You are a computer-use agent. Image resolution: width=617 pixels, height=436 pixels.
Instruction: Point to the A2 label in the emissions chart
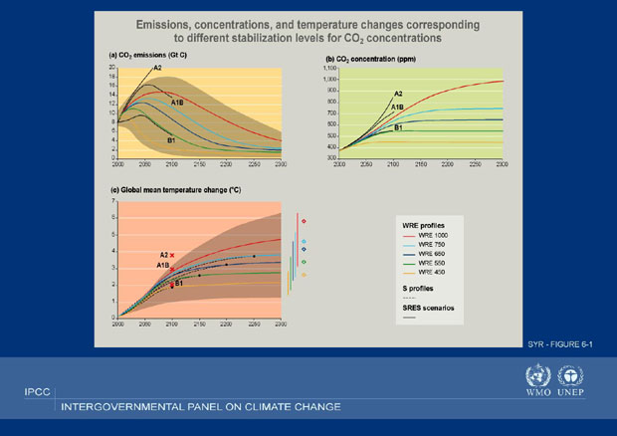coord(157,68)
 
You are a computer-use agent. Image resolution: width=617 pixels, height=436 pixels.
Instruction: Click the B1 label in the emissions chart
coord(171,140)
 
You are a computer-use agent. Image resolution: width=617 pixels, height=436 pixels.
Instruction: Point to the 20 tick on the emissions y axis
coord(113,67)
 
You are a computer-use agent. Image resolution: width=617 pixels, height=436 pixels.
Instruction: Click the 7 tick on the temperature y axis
coord(114,201)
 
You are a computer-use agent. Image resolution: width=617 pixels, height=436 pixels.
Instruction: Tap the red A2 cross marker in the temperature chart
coord(172,256)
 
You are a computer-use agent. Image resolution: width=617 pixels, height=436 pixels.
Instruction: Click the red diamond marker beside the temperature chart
coord(304,221)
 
